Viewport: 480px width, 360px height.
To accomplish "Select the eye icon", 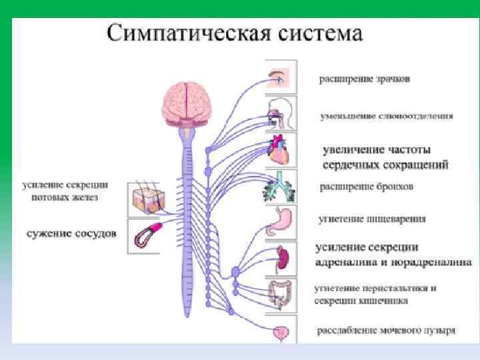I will [x=279, y=77].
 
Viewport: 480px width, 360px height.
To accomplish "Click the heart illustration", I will [x=279, y=149].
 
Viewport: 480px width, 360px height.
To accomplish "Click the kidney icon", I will [x=281, y=257].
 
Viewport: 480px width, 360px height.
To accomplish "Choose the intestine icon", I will [x=280, y=293].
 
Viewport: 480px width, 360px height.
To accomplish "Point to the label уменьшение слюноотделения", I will [x=386, y=115].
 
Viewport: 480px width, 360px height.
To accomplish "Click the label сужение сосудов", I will [x=71, y=233].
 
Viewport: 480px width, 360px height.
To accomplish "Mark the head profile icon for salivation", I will [x=279, y=113].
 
